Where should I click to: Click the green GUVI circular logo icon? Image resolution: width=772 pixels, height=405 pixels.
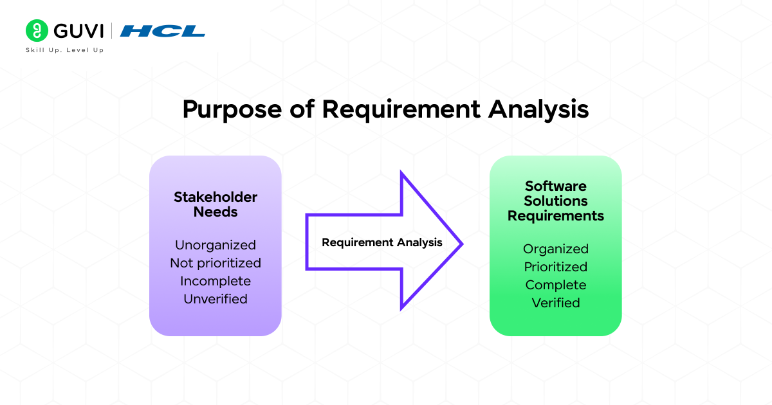[37, 31]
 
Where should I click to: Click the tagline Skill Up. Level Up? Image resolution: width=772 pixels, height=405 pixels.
[64, 50]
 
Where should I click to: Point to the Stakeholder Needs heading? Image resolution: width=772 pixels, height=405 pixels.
[216, 204]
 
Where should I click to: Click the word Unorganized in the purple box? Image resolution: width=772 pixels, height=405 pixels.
[216, 245]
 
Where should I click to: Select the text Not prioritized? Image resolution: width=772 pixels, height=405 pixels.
[216, 263]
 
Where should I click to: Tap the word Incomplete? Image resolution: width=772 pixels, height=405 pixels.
[216, 281]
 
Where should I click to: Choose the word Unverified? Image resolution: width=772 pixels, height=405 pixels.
[216, 299]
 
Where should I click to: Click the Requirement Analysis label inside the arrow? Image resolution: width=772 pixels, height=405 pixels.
[382, 242]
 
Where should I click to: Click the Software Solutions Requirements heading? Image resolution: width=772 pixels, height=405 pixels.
[556, 201]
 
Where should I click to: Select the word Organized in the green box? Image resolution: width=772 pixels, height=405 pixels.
[556, 249]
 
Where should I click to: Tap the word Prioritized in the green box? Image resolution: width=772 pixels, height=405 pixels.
[556, 267]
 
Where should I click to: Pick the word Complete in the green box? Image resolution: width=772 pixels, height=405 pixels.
[556, 285]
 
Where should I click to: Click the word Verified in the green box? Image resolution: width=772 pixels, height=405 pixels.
[556, 303]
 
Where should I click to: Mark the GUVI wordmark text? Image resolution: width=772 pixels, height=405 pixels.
[77, 31]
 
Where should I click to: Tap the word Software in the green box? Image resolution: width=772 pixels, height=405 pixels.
[556, 186]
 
